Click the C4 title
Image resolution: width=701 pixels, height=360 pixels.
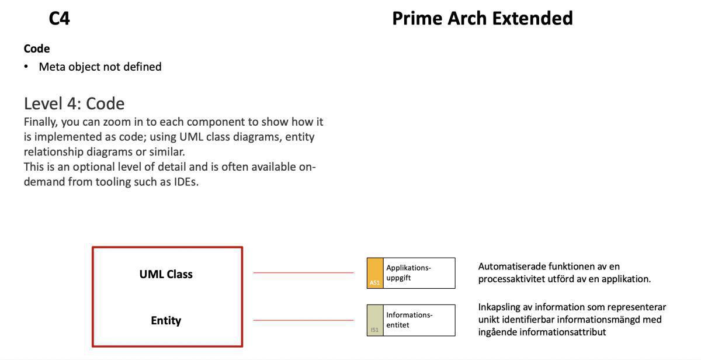pos(59,19)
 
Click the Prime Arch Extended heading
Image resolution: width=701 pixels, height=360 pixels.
pos(482,19)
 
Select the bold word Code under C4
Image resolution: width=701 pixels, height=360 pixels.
pos(37,49)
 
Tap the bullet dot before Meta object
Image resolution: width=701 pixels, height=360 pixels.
pos(26,67)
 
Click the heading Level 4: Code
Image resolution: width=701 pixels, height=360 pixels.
pos(74,103)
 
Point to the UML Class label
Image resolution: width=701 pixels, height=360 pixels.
pos(166,274)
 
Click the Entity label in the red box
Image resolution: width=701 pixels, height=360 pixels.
pos(166,320)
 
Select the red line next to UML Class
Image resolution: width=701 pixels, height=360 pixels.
pos(303,272)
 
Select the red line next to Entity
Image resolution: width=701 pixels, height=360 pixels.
pos(303,320)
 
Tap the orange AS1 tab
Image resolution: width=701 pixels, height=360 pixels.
pos(375,274)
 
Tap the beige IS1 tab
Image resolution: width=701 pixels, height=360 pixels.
pos(375,320)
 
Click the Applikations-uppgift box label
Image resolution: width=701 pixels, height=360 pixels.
pos(408,273)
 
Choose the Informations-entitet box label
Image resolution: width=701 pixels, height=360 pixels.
pos(409,320)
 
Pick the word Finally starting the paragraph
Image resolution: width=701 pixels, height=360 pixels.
pos(41,122)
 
